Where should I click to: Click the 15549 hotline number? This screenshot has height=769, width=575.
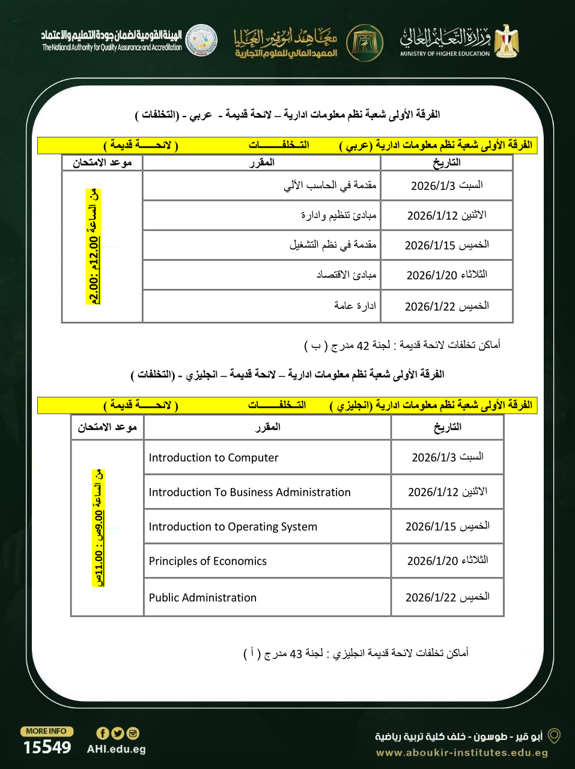47,748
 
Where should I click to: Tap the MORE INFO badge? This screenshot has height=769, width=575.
46,731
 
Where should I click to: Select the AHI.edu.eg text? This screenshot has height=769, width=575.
116,749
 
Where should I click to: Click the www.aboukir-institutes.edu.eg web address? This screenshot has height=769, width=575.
461,753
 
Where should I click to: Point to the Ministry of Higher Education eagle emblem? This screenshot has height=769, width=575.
507,41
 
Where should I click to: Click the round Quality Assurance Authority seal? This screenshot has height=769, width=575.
201,40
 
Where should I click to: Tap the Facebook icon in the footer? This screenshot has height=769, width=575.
102,733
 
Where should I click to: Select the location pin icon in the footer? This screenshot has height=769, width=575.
554,735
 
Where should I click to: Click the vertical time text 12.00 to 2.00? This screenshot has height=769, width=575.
94,247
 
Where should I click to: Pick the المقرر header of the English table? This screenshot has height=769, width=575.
267,427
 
